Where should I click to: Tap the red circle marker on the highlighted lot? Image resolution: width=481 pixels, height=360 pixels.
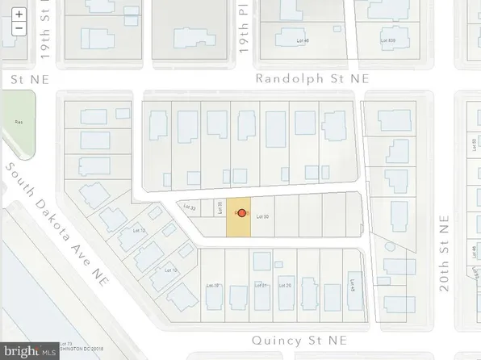[240, 213]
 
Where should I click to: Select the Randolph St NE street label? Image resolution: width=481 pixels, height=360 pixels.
[312, 79]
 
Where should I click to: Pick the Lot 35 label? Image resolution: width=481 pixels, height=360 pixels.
[220, 208]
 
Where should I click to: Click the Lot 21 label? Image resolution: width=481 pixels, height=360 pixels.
[260, 285]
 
